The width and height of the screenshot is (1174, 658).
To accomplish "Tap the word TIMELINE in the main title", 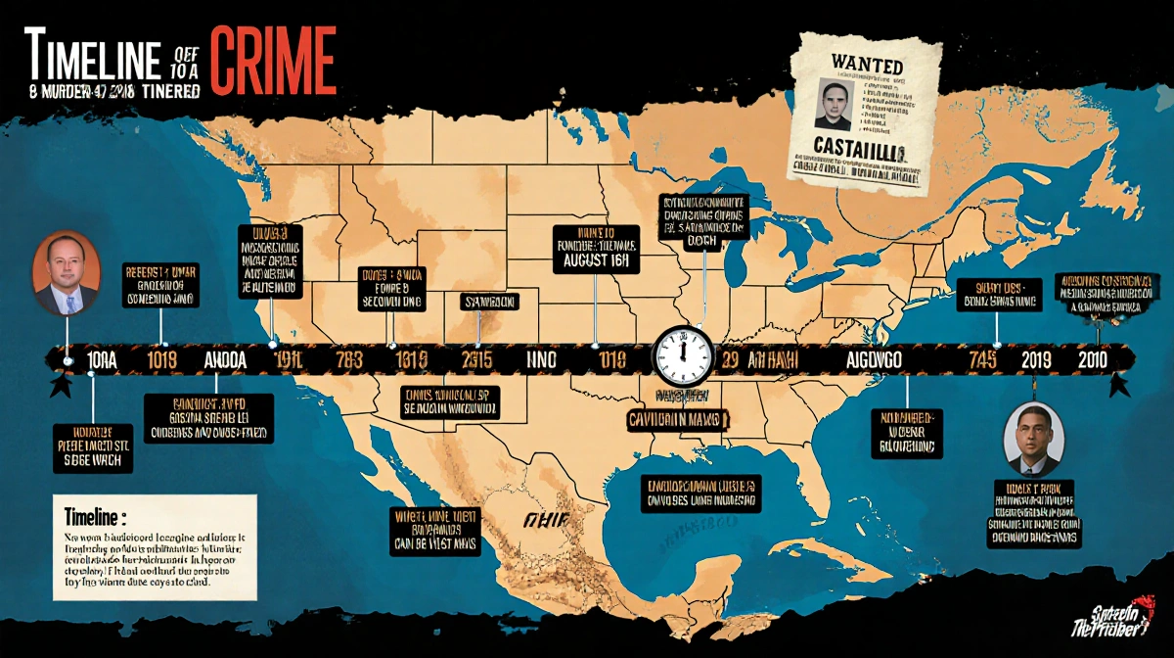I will tap(90, 61).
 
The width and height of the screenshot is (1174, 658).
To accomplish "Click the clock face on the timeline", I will tap(685, 354).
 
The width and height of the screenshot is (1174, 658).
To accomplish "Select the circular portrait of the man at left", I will tap(66, 273).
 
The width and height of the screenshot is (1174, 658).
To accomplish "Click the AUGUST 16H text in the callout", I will tap(596, 262).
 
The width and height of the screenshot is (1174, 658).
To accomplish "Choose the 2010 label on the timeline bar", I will tap(1091, 359).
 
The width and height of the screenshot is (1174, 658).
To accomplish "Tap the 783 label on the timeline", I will tap(349, 359).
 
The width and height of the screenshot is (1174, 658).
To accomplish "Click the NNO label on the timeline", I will tap(540, 359).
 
